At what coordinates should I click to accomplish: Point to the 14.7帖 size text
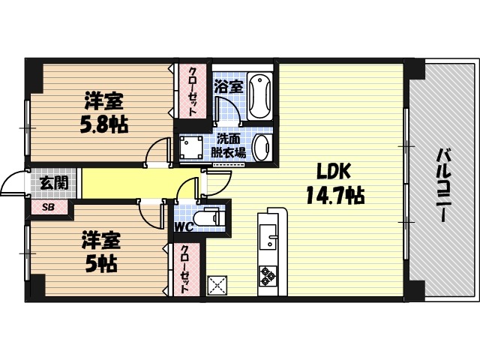[x=334, y=196]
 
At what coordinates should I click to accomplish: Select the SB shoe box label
[x=48, y=206]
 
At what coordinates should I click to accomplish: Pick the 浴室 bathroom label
[x=228, y=86]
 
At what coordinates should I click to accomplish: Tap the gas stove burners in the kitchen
[x=268, y=276]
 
